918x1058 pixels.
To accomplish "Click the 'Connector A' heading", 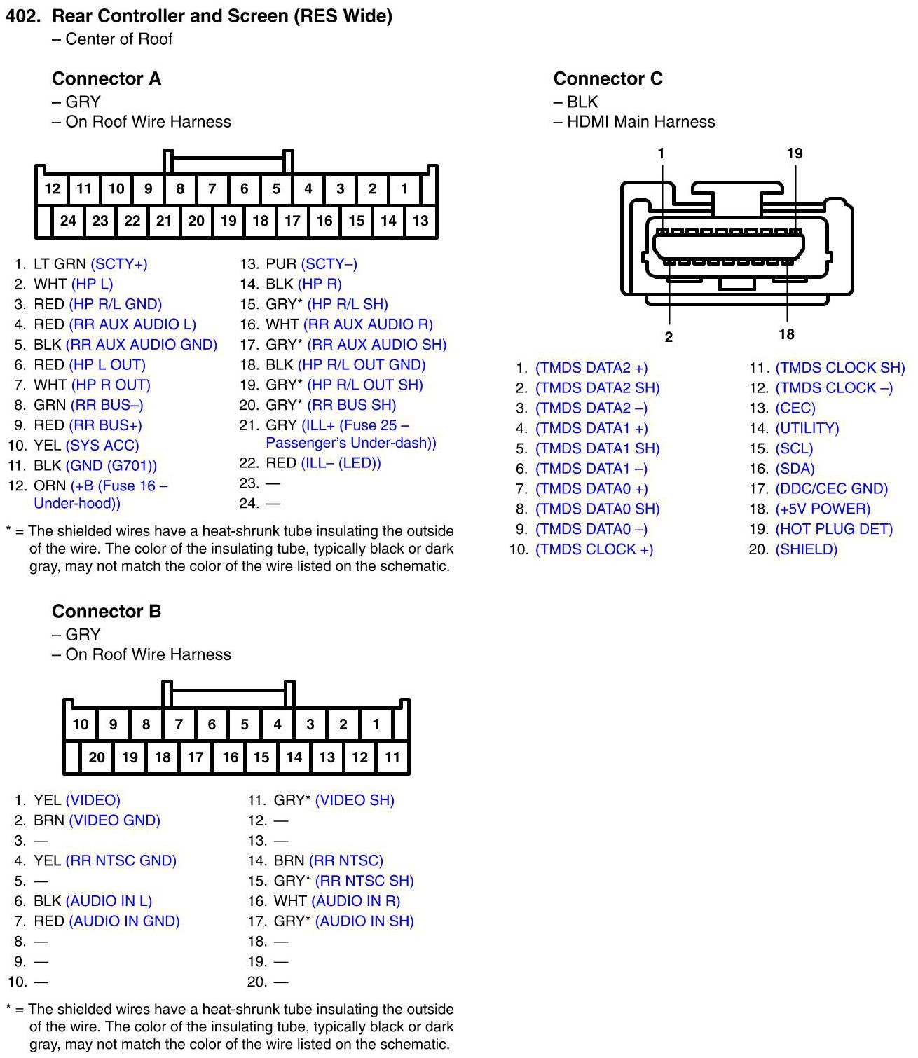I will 107,78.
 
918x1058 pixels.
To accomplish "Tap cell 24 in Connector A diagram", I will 68,221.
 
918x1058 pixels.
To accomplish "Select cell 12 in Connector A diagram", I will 52,188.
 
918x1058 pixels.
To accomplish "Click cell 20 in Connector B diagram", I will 97,757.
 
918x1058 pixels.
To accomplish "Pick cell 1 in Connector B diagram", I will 376,724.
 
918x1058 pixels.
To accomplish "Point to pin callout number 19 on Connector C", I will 795,153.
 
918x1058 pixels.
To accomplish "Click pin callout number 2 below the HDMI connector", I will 669,337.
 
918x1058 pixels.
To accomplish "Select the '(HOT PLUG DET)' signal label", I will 834,529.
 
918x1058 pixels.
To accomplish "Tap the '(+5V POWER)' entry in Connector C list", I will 823,509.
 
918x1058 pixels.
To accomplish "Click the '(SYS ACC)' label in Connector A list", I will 102,445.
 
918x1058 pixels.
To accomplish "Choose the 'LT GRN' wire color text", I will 60,264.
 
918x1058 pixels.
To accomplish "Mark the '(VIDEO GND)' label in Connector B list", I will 114,820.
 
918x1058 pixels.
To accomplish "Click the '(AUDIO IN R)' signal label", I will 355,900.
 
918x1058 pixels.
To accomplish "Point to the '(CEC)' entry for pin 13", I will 795,408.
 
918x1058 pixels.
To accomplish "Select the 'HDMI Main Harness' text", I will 640,122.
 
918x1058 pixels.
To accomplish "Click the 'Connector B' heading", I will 107,611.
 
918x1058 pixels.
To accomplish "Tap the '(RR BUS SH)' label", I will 351,405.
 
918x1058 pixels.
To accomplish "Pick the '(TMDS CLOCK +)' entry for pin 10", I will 594,549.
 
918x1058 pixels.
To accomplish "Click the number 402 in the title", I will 23,15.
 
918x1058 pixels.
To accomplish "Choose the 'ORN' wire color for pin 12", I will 50,486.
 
